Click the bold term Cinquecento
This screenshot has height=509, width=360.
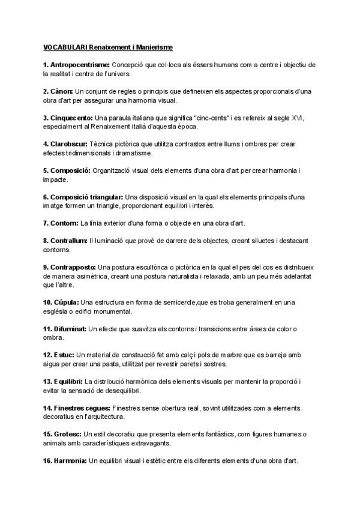pos(73,118)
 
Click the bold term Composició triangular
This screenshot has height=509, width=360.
pos(88,197)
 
